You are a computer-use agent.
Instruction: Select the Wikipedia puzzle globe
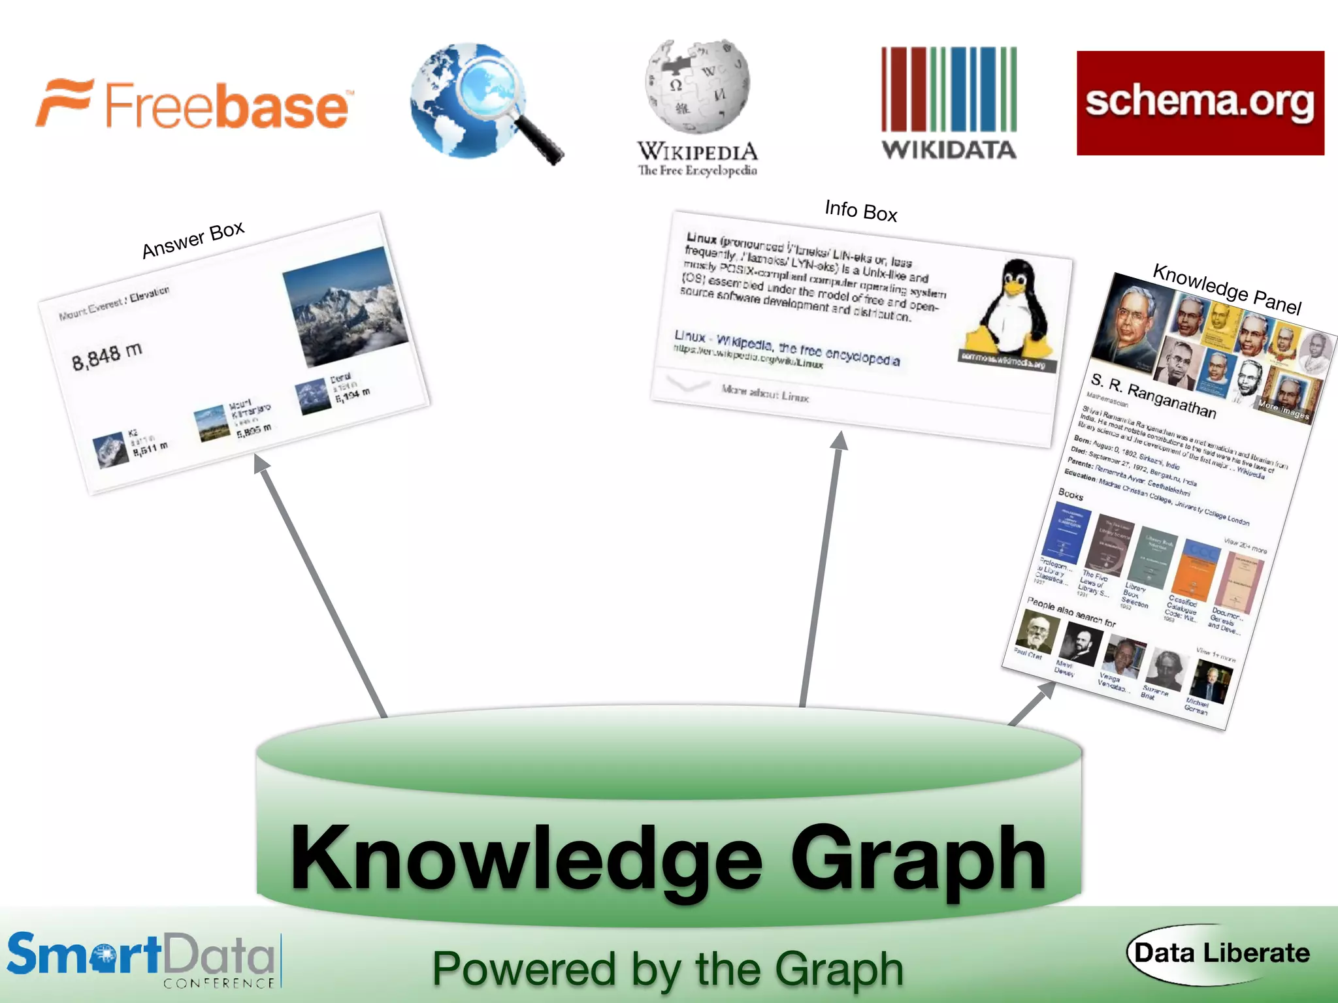697,85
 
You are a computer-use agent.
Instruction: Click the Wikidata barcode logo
949,103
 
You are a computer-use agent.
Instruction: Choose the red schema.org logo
1200,103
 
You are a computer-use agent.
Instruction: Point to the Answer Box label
193,240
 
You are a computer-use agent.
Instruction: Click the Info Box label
861,210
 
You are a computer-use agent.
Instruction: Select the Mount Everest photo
344,306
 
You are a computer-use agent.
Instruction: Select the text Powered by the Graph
668,969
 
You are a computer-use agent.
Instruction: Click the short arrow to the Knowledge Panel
1032,703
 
